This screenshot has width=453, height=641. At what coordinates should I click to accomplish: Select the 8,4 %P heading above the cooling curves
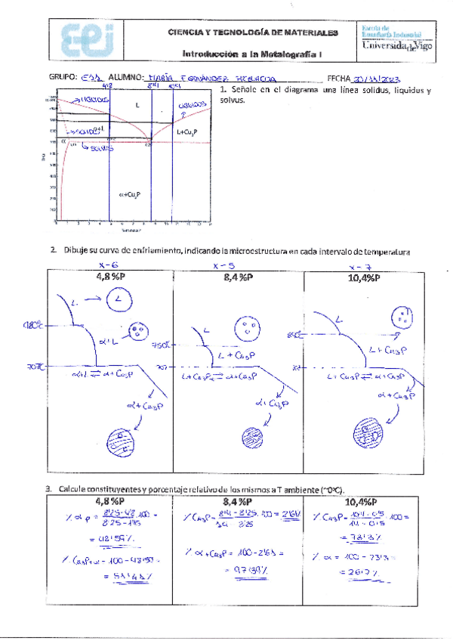click(237, 276)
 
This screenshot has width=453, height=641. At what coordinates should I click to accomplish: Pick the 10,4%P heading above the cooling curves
click(362, 276)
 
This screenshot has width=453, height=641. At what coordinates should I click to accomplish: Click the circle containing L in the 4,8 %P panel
click(119, 302)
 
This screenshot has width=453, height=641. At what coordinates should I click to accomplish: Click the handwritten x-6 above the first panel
click(109, 265)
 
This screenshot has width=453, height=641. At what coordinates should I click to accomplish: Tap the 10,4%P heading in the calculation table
click(362, 501)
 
